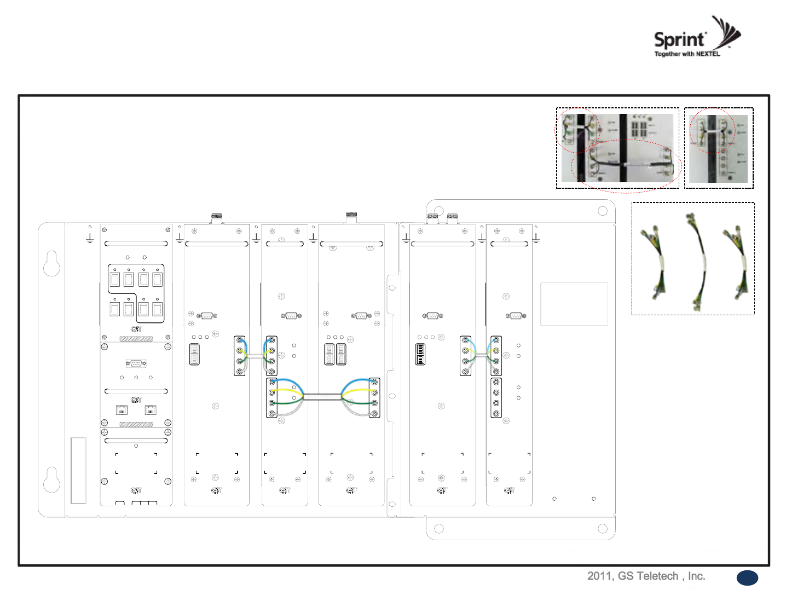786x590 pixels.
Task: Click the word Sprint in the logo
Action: point(679,39)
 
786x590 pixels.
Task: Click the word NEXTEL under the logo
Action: point(708,54)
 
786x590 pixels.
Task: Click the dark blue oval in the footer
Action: point(747,577)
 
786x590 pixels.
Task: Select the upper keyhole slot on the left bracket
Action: point(51,263)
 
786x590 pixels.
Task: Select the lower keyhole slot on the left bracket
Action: point(51,479)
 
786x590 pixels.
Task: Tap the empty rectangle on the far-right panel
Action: point(574,304)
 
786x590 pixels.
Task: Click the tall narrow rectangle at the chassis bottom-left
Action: point(78,470)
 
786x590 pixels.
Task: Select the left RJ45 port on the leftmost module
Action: point(122,409)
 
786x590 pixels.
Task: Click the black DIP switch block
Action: point(420,354)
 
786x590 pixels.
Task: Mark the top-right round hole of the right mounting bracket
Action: point(602,211)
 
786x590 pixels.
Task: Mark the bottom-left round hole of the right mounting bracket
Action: point(438,529)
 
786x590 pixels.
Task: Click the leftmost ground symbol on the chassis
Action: point(90,239)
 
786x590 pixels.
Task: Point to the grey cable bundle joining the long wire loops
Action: point(322,396)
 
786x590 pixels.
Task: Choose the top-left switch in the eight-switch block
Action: point(115,280)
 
